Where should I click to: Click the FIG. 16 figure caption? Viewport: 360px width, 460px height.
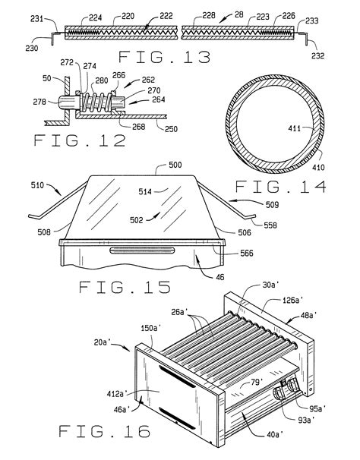(x=104, y=433)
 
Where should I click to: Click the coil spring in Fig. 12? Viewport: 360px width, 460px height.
(x=93, y=101)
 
